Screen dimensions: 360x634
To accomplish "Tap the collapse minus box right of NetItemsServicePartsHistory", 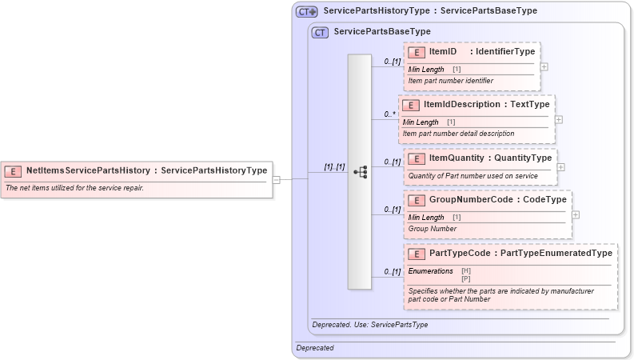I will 276,179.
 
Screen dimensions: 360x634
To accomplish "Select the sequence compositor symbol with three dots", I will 360,172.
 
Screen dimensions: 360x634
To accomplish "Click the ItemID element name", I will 443,52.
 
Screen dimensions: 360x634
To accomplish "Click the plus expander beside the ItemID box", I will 544,66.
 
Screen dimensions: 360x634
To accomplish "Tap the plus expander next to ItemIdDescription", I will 559,119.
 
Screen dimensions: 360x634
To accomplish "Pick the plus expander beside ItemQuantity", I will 561,167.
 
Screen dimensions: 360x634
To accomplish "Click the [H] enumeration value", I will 466,271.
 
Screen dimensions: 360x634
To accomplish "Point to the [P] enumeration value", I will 466,278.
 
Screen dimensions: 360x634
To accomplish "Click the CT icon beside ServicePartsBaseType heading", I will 320,32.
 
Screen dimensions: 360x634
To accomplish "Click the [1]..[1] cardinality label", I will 334,167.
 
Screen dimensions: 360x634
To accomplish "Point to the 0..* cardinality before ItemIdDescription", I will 390,114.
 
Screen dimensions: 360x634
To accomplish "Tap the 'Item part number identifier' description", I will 451,81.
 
